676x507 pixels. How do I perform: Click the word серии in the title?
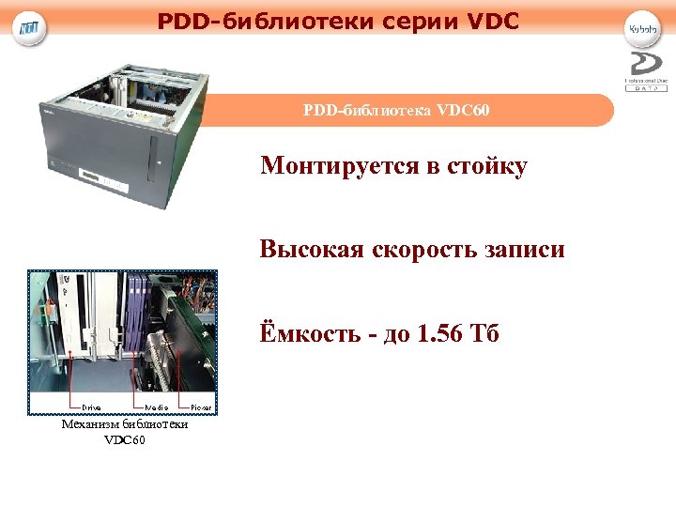pos(414,19)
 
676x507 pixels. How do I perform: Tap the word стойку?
pos(486,166)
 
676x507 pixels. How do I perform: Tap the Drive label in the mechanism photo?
pos(91,407)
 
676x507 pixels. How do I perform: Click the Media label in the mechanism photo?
pos(157,407)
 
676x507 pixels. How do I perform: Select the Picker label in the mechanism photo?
pos(202,407)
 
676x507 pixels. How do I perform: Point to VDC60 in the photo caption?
pos(125,439)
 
